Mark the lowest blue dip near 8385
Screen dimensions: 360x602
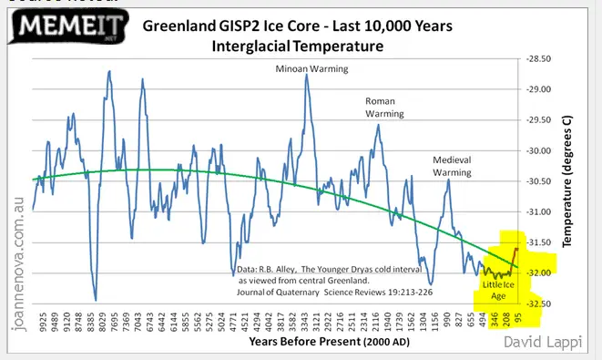[96, 299]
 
